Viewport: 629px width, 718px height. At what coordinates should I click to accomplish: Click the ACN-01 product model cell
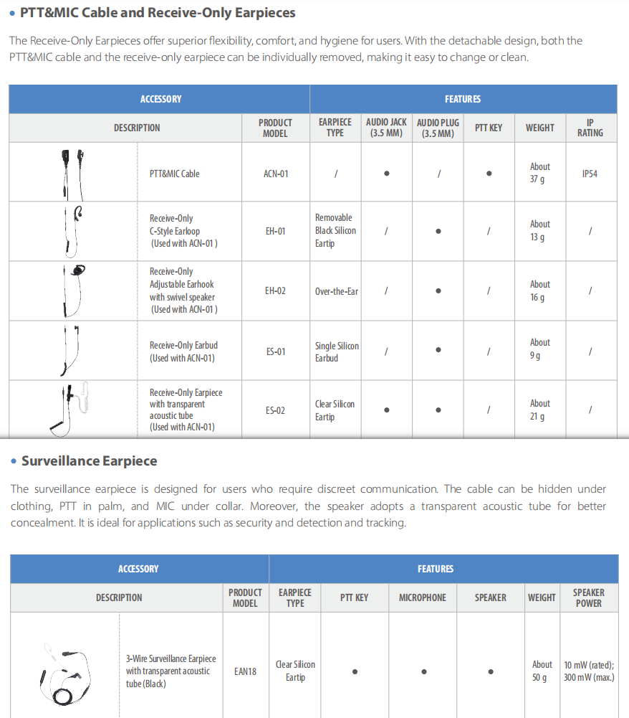pyautogui.click(x=276, y=174)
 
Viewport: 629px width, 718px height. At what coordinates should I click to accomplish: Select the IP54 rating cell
pyautogui.click(x=590, y=174)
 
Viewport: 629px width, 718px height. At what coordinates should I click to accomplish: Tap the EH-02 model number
pyautogui.click(x=276, y=291)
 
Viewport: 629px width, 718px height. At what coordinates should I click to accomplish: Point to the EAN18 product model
pyautogui.click(x=245, y=672)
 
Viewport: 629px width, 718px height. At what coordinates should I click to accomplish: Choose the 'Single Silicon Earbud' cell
pyautogui.click(x=336, y=351)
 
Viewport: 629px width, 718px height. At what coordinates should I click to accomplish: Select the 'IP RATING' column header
pyautogui.click(x=590, y=128)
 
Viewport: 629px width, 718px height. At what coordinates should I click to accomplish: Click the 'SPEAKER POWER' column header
pyautogui.click(x=588, y=597)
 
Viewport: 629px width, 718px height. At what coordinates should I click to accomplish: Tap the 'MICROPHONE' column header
pyautogui.click(x=422, y=597)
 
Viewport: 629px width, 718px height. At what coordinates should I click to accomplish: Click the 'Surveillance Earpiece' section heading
pyautogui.click(x=89, y=461)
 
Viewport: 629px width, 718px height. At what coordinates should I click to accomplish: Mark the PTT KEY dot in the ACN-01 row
pyautogui.click(x=489, y=173)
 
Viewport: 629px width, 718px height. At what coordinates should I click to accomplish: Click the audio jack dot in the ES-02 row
pyautogui.click(x=387, y=410)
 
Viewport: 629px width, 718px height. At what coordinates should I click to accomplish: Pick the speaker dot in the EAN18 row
pyautogui.click(x=491, y=672)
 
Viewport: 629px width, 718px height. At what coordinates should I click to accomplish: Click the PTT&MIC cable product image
pyautogui.click(x=72, y=173)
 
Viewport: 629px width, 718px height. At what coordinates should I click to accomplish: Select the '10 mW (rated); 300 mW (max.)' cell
pyautogui.click(x=588, y=671)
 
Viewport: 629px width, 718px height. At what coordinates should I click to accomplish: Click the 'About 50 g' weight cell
pyautogui.click(x=542, y=671)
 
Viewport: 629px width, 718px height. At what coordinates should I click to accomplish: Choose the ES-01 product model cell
pyautogui.click(x=276, y=351)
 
